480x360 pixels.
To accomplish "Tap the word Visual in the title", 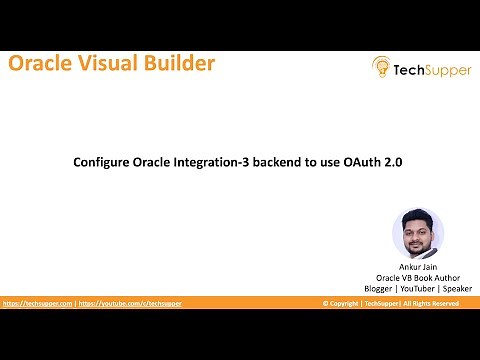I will click(109, 65).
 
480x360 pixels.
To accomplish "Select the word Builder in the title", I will click(179, 65).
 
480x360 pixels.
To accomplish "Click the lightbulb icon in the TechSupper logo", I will click(381, 67).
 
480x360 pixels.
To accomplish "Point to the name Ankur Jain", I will click(418, 267).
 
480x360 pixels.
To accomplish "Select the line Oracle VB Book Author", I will click(418, 277).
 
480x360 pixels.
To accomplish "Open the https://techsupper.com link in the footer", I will click(38, 303).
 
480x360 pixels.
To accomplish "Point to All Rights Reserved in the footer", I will click(431, 303).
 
